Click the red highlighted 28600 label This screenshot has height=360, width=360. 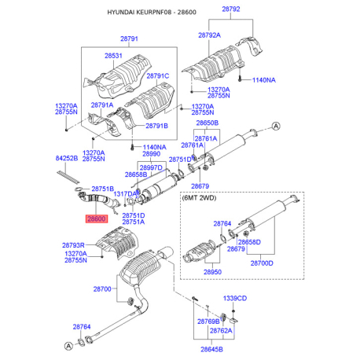coord(97,219)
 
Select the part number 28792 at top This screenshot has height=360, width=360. coord(231,9)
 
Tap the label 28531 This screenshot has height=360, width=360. coord(113,56)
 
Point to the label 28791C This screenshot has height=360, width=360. coord(157,76)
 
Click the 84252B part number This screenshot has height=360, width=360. coord(67,158)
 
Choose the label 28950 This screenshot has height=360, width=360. coord(212,272)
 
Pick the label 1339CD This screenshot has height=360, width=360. coord(235,298)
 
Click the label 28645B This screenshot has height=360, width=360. coord(211,349)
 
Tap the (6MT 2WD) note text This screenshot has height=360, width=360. coord(199,198)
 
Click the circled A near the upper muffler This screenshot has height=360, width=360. coord(276,127)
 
